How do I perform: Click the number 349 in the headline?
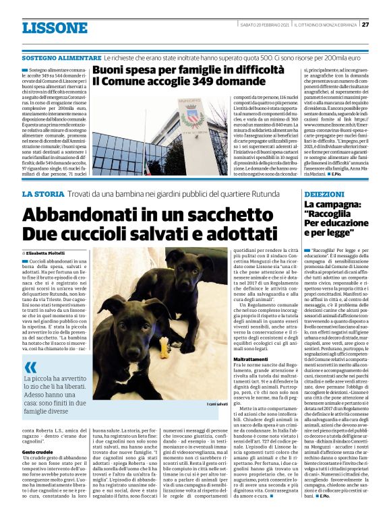[177, 81]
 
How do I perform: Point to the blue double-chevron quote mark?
[30, 367]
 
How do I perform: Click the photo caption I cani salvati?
[218, 404]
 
